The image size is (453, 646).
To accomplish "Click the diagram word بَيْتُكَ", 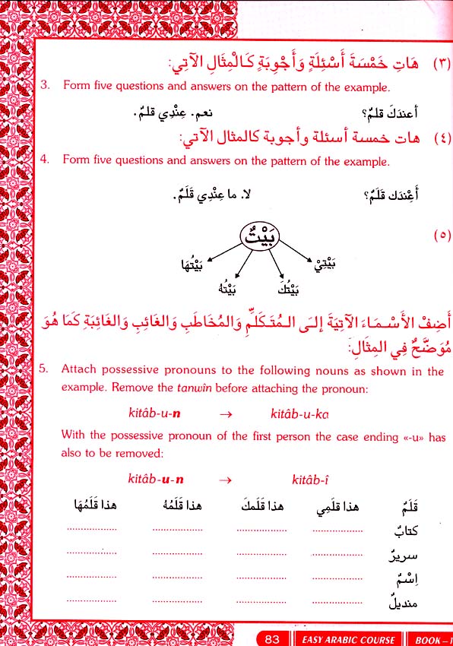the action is [284, 290].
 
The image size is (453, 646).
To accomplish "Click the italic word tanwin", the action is [192, 387].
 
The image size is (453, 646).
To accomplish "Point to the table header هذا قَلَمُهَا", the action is [94, 507].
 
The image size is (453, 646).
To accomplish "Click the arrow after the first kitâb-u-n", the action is [226, 414].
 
